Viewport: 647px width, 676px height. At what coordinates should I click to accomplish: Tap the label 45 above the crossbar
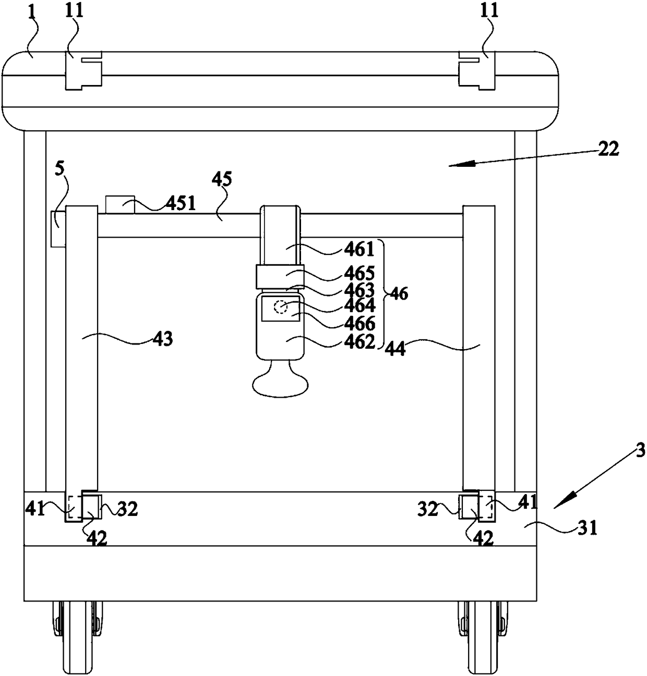tap(221, 180)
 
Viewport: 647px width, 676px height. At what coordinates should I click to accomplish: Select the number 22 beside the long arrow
tap(608, 149)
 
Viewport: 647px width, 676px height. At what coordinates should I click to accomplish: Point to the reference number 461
tap(360, 249)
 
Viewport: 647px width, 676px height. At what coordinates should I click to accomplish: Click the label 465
tap(360, 274)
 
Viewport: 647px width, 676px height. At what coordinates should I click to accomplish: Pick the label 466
tap(360, 324)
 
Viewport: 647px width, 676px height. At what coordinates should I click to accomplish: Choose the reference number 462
tap(360, 342)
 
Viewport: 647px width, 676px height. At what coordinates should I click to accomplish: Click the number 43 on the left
tap(163, 338)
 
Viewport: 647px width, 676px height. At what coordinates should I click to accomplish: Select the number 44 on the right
tap(395, 349)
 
